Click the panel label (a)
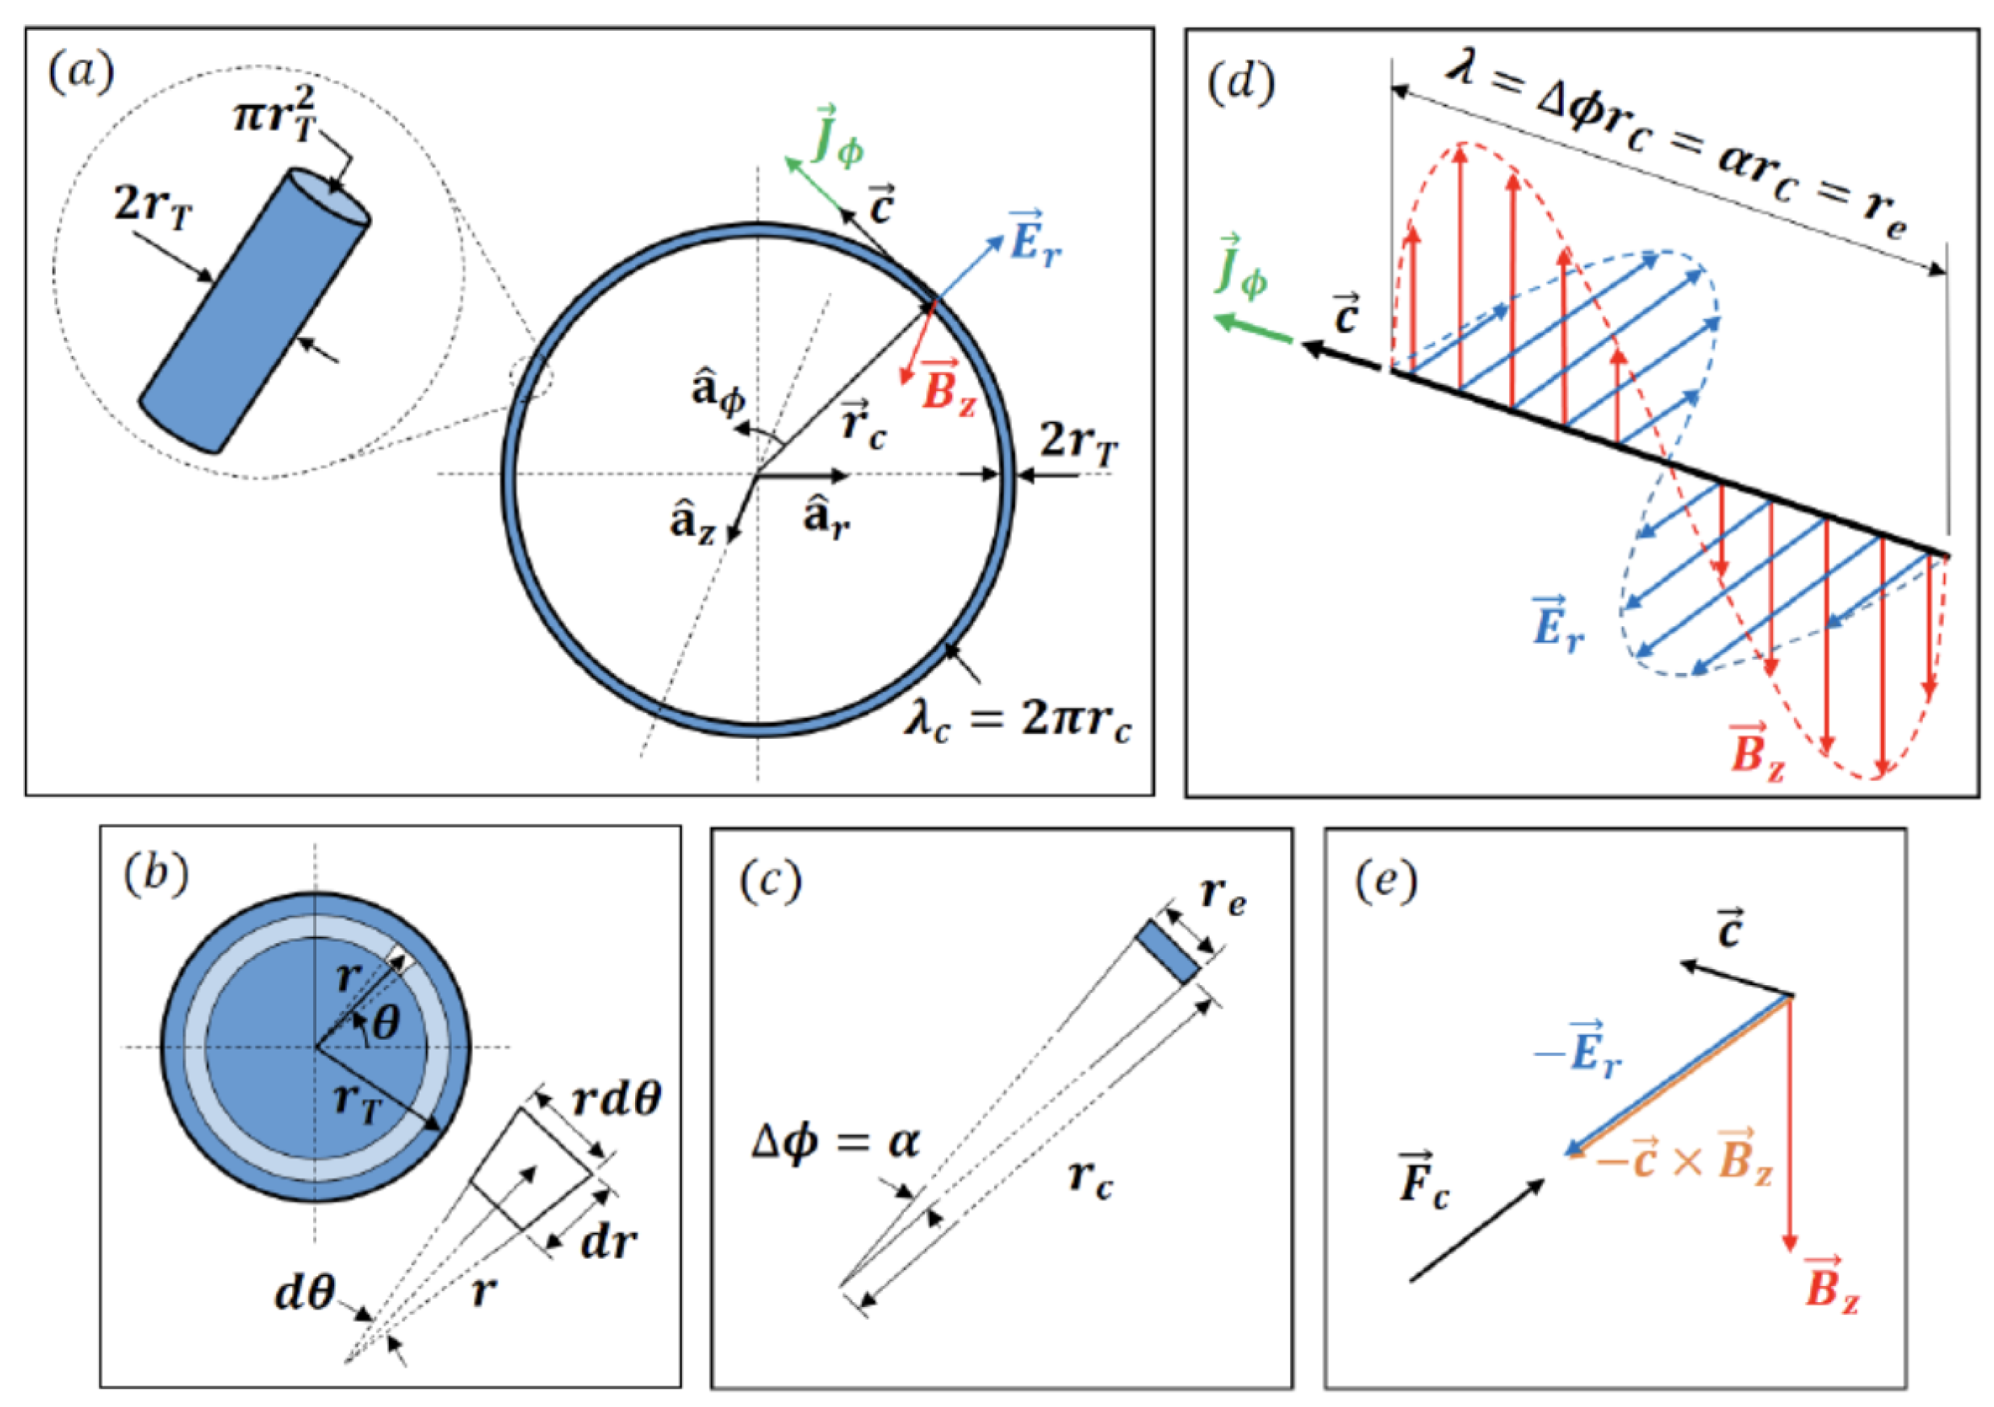tap(82, 73)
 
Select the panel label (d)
tap(1243, 84)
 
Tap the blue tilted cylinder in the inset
tap(255, 311)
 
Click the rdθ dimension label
tap(617, 1098)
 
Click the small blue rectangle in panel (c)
tap(1168, 952)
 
